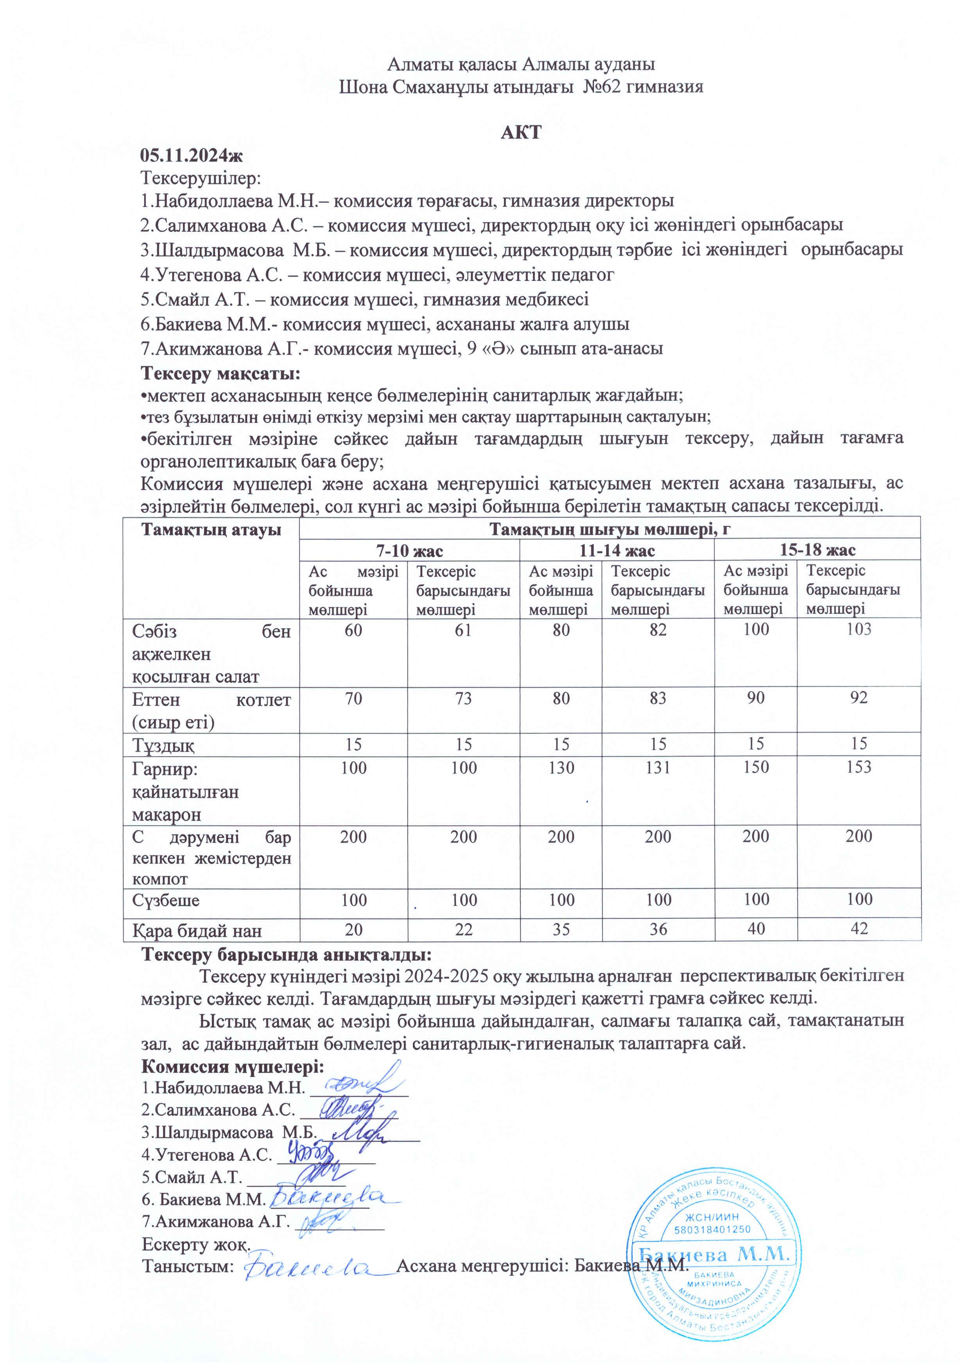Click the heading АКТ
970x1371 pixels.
coord(521,132)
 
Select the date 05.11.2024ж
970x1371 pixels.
coord(191,155)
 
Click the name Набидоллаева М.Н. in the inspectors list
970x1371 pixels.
coord(218,201)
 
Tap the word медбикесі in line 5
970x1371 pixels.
coord(547,299)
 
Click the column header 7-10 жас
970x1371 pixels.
coord(409,550)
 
